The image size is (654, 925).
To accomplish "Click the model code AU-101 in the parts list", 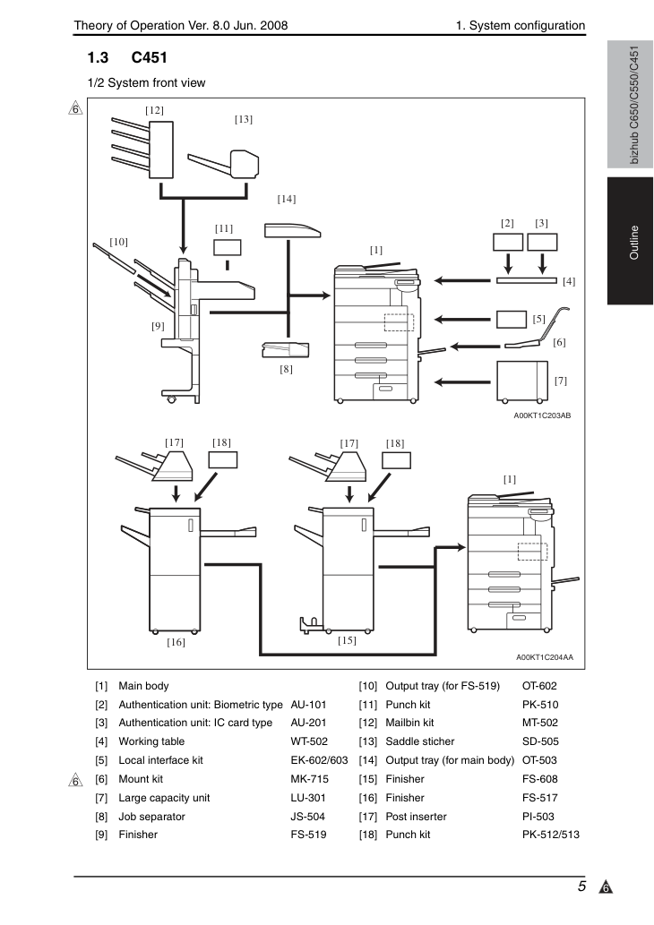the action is click(x=308, y=705).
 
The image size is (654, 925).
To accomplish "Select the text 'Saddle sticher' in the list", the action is click(x=419, y=741).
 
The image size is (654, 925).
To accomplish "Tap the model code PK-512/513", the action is click(x=551, y=835).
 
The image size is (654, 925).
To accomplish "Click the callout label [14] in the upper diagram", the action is click(x=287, y=199).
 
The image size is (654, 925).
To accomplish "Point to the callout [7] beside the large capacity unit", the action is click(x=561, y=381).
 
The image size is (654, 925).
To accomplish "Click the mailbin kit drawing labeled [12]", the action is click(x=142, y=150).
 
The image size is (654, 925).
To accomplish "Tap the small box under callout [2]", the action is click(x=508, y=242).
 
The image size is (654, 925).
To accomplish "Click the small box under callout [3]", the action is click(x=542, y=242).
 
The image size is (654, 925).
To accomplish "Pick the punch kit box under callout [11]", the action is click(x=228, y=247).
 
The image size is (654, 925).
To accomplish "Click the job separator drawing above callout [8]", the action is click(x=286, y=350).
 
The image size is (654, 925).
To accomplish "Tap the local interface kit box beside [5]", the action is click(x=512, y=319).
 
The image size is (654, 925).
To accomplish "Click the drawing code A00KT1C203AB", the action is click(x=542, y=415).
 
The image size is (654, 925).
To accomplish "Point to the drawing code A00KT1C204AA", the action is click(x=545, y=657).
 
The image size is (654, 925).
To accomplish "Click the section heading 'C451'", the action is click(x=150, y=58).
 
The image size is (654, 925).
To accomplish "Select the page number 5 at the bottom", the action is click(x=582, y=886).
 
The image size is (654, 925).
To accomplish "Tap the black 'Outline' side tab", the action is click(x=630, y=241).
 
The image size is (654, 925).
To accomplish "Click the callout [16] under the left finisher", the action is click(x=176, y=642).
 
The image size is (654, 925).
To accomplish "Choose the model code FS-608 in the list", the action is click(x=540, y=779).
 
